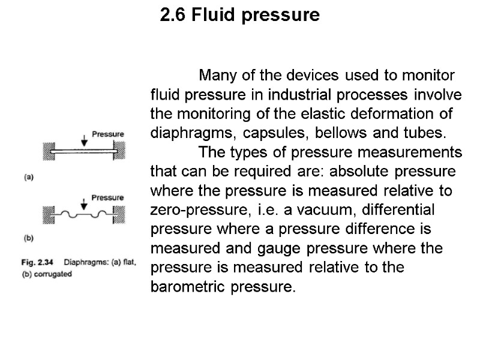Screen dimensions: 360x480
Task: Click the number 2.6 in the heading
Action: point(173,15)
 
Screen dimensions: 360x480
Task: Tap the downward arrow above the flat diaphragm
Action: point(83,139)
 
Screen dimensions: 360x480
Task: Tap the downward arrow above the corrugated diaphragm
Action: point(83,202)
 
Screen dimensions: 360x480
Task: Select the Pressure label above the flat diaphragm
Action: point(107,134)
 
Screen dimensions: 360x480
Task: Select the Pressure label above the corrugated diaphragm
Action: point(107,197)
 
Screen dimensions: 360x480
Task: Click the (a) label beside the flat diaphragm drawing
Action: point(28,176)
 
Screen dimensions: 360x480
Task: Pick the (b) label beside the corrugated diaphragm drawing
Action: point(28,238)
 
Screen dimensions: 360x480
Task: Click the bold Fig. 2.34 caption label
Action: point(40,262)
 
